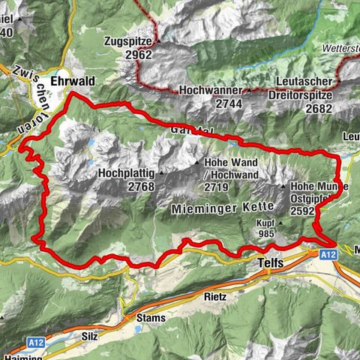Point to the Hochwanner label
[208, 90]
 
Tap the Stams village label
[151, 318]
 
